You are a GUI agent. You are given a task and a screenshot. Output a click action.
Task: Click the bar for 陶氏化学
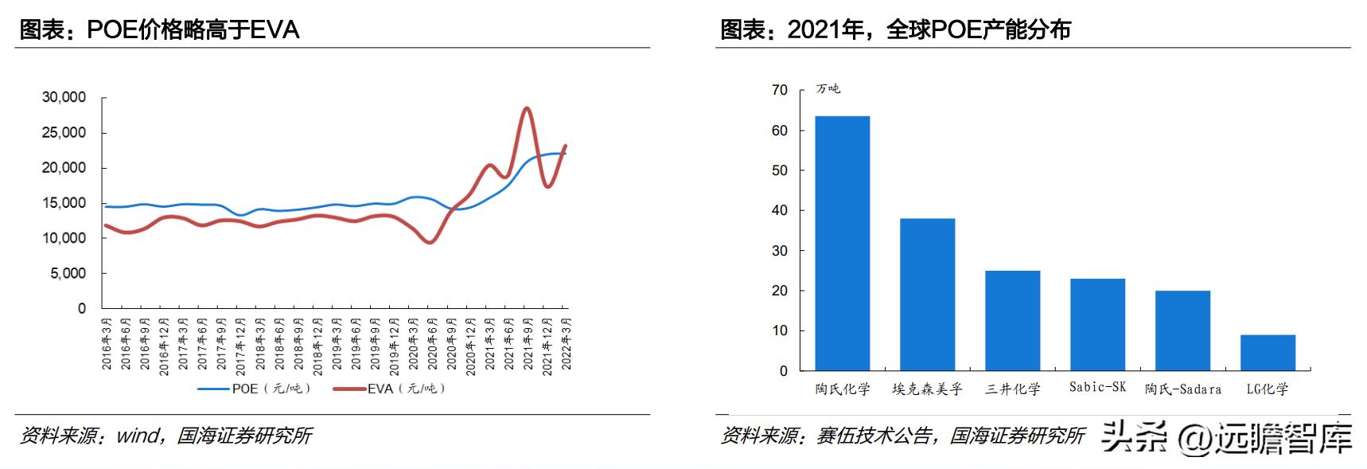[x=842, y=243]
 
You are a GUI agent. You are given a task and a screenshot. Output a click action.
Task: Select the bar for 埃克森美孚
[x=927, y=294]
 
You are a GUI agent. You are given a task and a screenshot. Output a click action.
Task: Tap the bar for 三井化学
[x=1012, y=320]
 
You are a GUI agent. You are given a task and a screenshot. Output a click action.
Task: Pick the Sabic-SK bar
[x=1097, y=324]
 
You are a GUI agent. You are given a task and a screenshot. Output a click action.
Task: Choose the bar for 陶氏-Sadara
[x=1182, y=330]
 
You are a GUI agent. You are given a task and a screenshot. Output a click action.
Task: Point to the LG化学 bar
[x=1268, y=353]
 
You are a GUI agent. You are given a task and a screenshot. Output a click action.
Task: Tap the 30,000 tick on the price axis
[x=64, y=97]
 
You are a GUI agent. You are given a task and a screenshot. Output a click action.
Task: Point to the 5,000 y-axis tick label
[x=68, y=273]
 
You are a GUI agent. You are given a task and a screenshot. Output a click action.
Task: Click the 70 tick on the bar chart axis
[x=779, y=90]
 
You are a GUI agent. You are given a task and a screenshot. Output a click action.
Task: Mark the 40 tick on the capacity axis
[x=779, y=210]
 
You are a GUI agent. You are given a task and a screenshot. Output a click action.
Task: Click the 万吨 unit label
[x=828, y=88]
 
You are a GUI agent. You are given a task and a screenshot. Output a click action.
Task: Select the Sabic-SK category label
[x=1097, y=387]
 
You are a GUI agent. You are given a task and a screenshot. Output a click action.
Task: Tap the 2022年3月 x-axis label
[x=566, y=343]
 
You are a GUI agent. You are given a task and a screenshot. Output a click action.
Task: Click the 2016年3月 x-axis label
[x=106, y=343]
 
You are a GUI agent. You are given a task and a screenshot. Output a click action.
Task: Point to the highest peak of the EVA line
[x=526, y=108]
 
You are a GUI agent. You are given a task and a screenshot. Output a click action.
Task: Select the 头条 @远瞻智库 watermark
[x=1226, y=436]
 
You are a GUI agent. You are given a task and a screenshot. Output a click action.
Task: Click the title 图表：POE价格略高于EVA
[x=159, y=30]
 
